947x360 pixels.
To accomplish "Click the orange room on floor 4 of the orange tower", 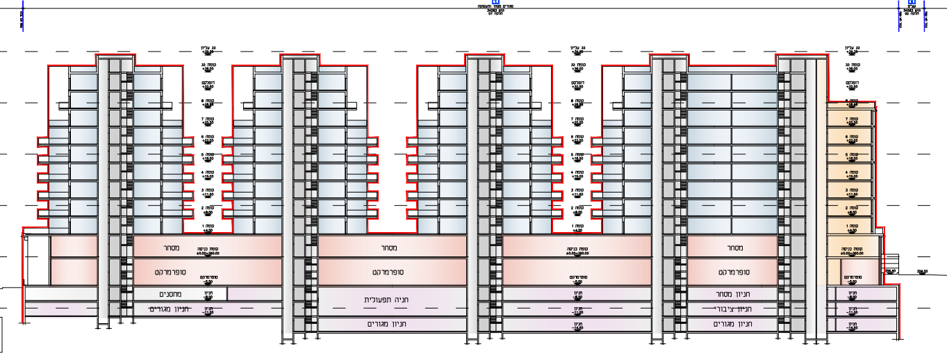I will click(851, 173).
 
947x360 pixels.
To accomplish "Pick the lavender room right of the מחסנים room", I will click(254, 294).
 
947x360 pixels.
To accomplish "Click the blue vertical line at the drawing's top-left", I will click(23, 15).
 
